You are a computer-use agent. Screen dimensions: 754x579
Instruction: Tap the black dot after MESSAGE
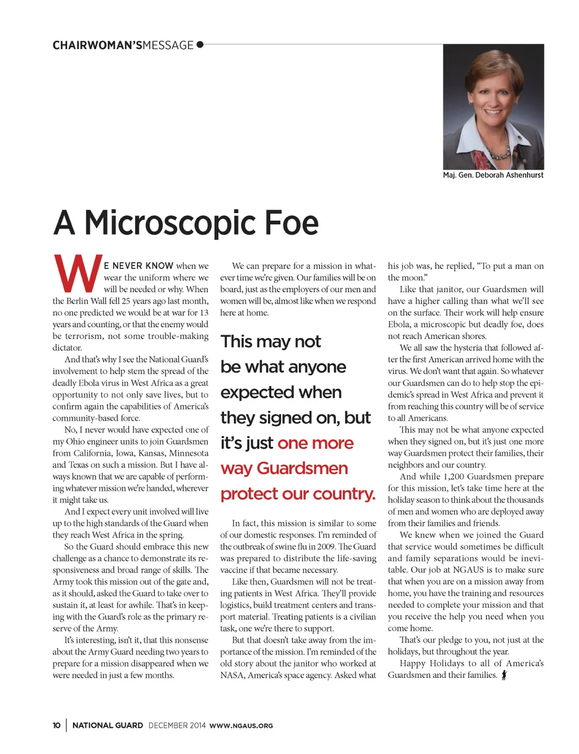200,45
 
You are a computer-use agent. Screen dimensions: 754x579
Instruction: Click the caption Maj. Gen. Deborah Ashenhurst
493,175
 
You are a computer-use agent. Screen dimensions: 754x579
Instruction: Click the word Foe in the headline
291,223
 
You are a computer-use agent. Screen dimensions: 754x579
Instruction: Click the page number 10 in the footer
57,726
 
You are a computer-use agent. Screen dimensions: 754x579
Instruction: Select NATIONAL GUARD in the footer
107,726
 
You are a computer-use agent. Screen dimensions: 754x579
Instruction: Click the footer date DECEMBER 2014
177,726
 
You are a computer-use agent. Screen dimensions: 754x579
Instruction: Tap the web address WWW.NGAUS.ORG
241,726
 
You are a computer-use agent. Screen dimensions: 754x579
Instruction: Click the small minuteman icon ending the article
504,675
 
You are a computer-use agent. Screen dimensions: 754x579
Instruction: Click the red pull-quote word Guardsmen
303,469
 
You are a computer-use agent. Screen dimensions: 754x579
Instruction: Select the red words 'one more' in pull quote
316,443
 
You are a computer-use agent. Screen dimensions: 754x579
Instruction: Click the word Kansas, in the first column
146,453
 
